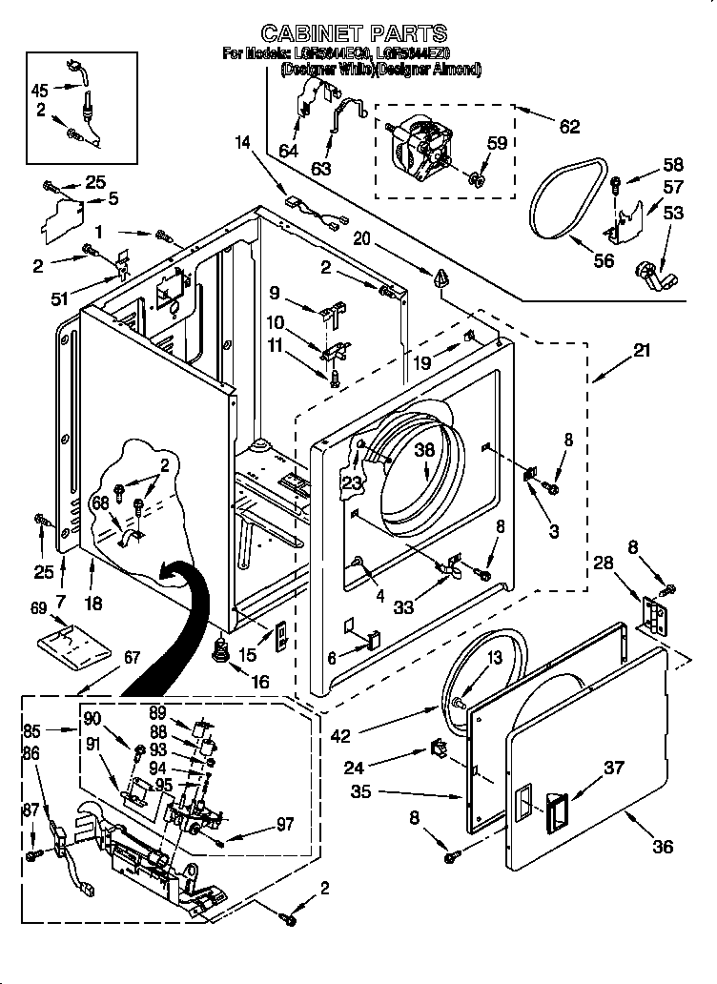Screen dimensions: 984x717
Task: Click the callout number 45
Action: click(x=39, y=91)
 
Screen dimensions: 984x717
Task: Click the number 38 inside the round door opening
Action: click(x=424, y=454)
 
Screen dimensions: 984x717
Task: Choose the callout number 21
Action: click(x=641, y=351)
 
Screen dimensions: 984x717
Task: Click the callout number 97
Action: click(x=284, y=825)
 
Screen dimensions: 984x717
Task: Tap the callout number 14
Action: click(x=244, y=144)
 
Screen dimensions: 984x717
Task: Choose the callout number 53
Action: click(x=673, y=213)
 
